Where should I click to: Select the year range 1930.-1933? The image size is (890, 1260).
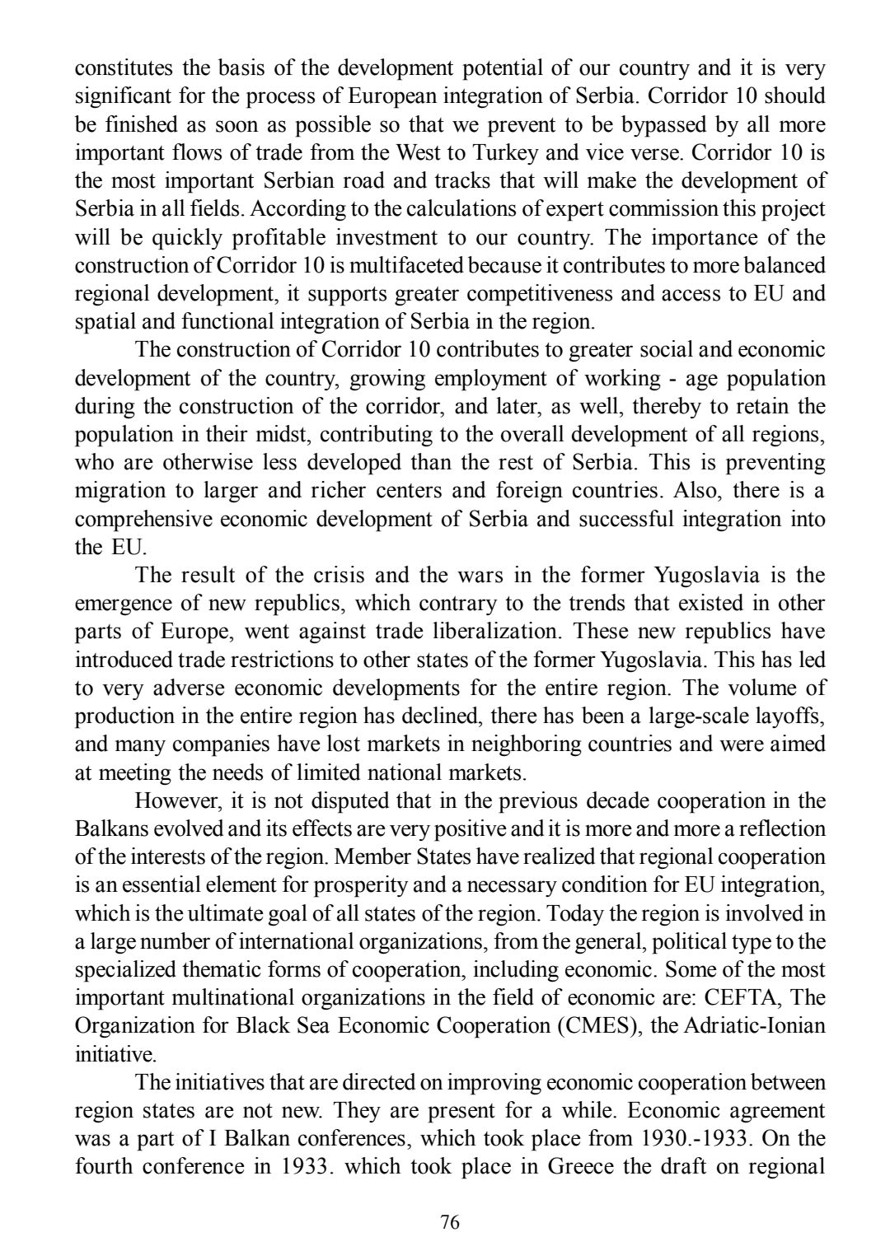coord(691,1139)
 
